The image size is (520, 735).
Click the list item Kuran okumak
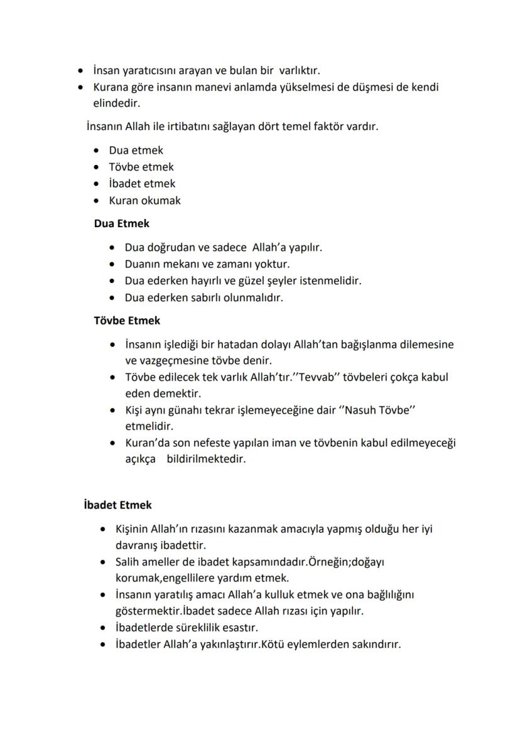coord(144,201)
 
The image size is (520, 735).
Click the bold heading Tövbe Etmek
coord(127,321)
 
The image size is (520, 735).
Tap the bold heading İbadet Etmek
coord(117,505)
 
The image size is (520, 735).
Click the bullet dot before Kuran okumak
coord(95,201)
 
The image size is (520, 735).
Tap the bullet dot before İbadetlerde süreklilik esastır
coord(103,627)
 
